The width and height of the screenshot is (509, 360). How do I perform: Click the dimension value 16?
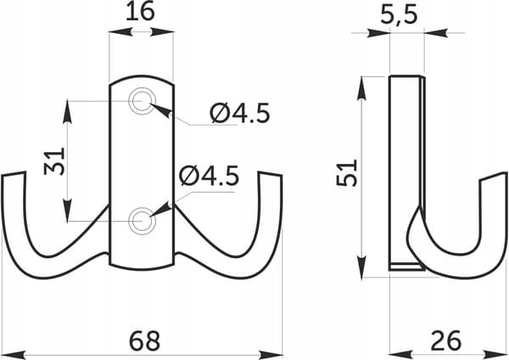140,12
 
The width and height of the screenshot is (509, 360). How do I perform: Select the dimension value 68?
144,340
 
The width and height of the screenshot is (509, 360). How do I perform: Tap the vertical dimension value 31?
54,161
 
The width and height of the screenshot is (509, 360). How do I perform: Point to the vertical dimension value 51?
346,172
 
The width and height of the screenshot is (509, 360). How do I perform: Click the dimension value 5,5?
399,14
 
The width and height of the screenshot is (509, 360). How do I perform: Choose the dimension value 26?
446,340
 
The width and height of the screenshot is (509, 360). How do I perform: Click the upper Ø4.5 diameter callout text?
240,113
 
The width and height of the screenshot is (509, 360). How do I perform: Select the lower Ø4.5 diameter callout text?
210,176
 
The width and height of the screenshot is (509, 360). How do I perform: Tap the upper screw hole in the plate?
143,101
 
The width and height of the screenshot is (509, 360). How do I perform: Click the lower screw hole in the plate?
143,221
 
